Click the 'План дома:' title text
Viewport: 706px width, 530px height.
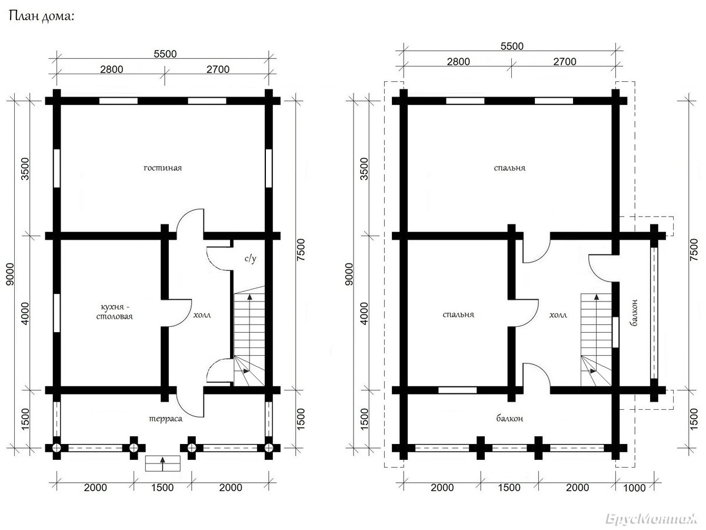tap(42, 16)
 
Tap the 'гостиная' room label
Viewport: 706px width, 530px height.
tap(163, 168)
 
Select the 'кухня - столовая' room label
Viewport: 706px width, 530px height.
tap(115, 312)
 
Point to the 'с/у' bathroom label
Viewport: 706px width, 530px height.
tap(251, 259)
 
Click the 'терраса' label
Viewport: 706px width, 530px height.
tap(166, 419)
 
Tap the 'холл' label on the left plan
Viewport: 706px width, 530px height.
tap(202, 314)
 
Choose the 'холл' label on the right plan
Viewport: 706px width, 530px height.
tap(558, 314)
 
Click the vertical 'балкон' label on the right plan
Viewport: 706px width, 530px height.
tap(634, 313)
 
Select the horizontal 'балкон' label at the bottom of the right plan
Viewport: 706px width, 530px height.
tap(509, 418)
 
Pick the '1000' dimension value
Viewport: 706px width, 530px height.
tap(634, 488)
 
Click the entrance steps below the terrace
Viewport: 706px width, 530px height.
tap(163, 463)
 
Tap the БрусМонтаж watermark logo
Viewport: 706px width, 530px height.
tap(651, 519)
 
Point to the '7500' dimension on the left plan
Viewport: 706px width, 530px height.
tap(301, 250)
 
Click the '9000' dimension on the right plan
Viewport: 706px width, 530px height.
tap(349, 274)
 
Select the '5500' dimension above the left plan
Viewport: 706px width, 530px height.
tap(165, 54)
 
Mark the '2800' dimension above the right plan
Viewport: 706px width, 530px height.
tap(458, 61)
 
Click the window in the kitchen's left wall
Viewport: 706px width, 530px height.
tap(56, 313)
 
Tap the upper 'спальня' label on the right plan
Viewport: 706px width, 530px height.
tap(510, 168)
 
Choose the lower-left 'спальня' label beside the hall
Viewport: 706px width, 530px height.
tap(458, 314)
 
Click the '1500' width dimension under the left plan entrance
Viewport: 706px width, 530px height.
tap(162, 488)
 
